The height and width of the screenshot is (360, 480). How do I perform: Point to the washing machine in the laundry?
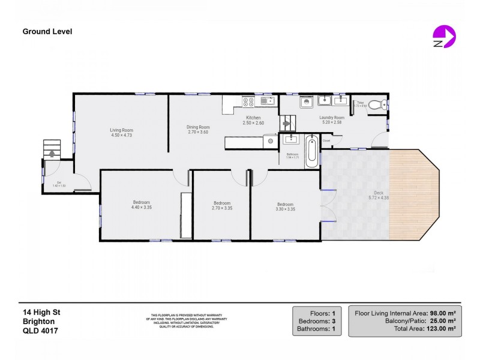click(x=305, y=101)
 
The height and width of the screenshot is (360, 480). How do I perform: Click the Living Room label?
click(x=121, y=130)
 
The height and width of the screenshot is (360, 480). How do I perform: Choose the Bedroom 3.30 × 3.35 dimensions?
click(x=285, y=208)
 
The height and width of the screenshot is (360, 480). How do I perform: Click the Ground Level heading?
click(x=47, y=31)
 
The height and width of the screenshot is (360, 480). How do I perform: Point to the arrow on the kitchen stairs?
click(x=286, y=124)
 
